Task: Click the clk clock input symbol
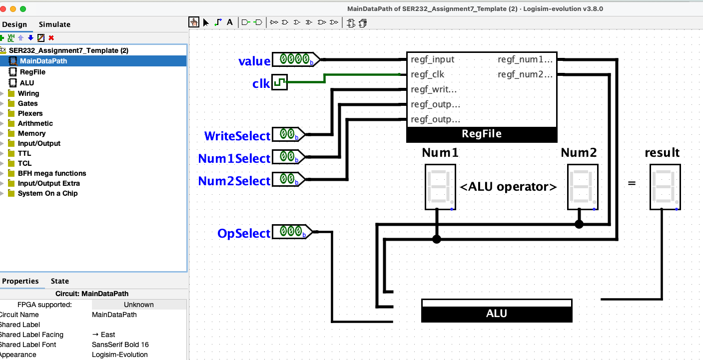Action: [279, 82]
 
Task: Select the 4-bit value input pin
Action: [294, 59]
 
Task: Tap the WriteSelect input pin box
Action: [287, 134]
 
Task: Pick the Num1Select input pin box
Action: [287, 157]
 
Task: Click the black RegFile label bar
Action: [482, 134]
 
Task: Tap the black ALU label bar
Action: [496, 314]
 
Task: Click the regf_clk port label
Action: [427, 74]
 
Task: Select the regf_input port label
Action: [432, 59]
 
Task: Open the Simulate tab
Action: [54, 24]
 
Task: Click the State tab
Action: [59, 281]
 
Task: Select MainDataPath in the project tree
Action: [43, 61]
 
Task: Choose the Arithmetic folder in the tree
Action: [35, 123]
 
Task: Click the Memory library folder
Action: [31, 133]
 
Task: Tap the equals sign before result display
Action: [632, 183]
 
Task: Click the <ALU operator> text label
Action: [508, 187]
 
